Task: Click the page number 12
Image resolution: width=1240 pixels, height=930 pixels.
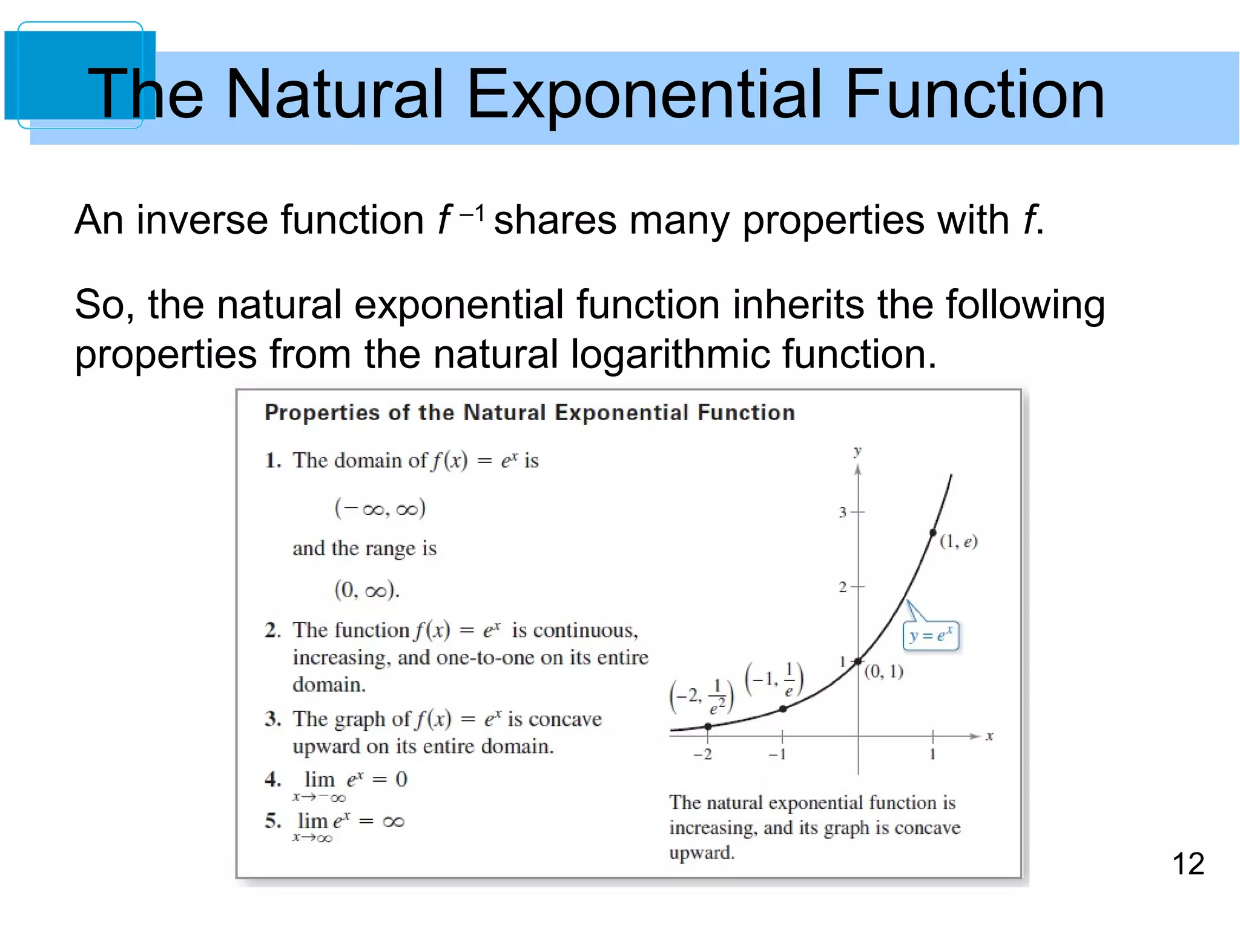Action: pos(1188,863)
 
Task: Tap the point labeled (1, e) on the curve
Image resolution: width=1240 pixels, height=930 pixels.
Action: pos(933,533)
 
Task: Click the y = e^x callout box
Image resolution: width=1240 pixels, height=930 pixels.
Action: pos(931,636)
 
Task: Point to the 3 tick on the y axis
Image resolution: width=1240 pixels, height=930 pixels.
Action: pos(857,512)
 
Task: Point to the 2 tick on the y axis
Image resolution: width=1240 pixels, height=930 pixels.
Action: pos(857,587)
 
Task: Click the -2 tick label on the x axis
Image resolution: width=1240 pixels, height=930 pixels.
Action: pos(703,754)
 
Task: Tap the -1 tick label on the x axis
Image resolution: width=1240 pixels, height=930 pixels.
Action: pos(777,754)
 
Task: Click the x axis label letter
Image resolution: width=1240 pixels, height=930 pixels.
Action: pos(989,736)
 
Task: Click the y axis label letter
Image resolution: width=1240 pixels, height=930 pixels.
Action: pos(857,451)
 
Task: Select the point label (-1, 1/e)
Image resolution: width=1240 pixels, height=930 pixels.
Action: pos(774,681)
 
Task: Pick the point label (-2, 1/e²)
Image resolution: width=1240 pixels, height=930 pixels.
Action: pos(702,697)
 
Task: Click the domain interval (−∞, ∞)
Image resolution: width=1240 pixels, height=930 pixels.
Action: pos(380,508)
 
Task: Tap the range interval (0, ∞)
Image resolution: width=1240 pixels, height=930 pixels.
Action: pos(367,589)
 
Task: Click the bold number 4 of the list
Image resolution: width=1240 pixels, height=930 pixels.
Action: pos(272,779)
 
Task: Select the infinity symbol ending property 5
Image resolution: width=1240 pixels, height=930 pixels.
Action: pos(394,822)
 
